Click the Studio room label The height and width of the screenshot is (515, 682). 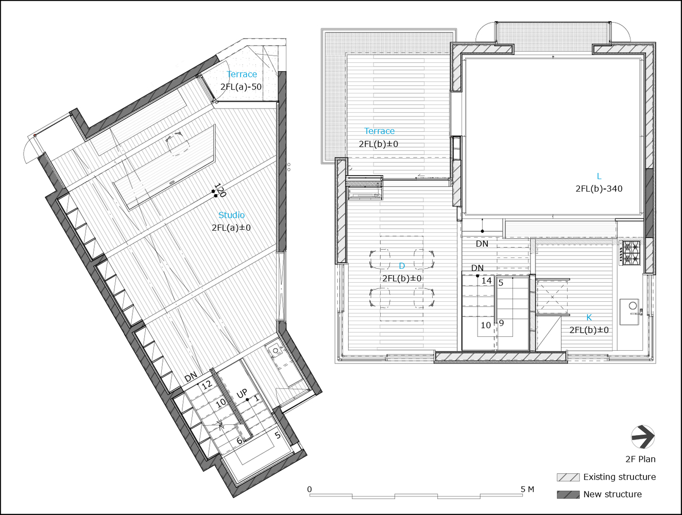pyautogui.click(x=231, y=215)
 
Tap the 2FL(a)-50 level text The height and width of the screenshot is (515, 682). pyautogui.click(x=241, y=87)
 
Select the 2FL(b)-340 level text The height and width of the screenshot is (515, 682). pyautogui.click(x=599, y=189)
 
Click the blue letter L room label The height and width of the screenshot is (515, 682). pyautogui.click(x=599, y=176)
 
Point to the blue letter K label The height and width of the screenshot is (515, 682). pyautogui.click(x=589, y=318)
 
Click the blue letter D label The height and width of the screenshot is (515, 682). pyautogui.click(x=402, y=266)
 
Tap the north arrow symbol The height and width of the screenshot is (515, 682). pyautogui.click(x=642, y=437)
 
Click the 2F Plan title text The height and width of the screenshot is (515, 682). pyautogui.click(x=640, y=459)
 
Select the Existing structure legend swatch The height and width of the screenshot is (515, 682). pyautogui.click(x=568, y=477)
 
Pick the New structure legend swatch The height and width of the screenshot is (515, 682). pyautogui.click(x=568, y=494)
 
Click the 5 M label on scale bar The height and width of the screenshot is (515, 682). pyautogui.click(x=527, y=489)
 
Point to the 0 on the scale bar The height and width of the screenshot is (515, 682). pyautogui.click(x=309, y=489)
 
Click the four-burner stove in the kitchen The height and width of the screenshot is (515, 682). pyautogui.click(x=629, y=253)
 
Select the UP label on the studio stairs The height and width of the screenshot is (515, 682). pyautogui.click(x=242, y=394)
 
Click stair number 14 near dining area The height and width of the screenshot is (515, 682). pyautogui.click(x=486, y=281)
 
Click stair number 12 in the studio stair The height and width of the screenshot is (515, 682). pyautogui.click(x=207, y=385)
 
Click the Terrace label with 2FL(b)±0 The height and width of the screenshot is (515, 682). pyautogui.click(x=379, y=131)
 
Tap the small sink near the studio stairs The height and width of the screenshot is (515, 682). pyautogui.click(x=276, y=351)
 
